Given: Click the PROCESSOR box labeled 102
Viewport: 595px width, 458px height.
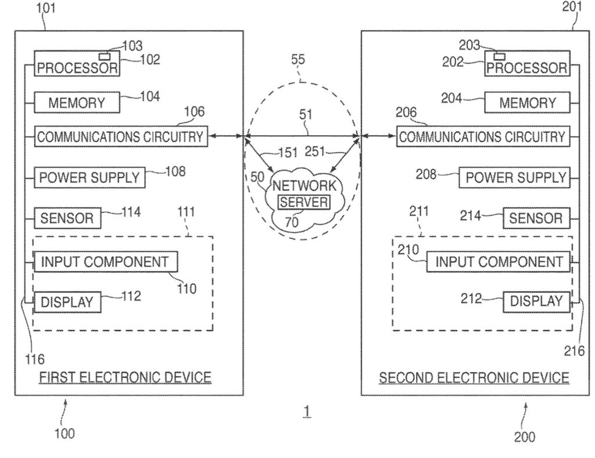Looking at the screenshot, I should click(77, 63).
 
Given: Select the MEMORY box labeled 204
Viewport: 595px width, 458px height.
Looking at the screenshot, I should click(528, 103).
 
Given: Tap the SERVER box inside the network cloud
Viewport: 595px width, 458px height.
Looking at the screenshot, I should click(303, 203).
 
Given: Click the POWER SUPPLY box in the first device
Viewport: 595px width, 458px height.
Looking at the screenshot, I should click(89, 177).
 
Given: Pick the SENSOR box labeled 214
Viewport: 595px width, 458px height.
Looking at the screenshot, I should click(536, 218).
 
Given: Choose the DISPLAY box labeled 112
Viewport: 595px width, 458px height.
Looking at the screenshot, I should click(66, 302).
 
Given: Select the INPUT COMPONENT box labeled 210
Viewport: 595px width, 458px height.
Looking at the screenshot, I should click(499, 262).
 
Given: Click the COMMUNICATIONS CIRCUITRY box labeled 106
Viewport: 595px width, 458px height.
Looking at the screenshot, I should click(120, 137).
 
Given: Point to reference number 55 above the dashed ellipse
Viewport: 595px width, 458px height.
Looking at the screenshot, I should click(298, 60).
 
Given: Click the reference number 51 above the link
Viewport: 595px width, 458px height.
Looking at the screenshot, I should click(306, 114).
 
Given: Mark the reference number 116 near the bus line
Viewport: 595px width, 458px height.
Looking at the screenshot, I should click(35, 358).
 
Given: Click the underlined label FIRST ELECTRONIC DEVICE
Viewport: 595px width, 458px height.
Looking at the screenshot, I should click(125, 378).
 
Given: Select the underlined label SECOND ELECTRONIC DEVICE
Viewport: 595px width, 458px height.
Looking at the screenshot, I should click(474, 378).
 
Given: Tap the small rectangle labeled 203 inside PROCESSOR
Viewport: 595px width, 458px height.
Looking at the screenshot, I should click(499, 56).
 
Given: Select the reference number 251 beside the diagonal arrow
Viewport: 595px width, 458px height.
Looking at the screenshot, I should click(317, 152).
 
